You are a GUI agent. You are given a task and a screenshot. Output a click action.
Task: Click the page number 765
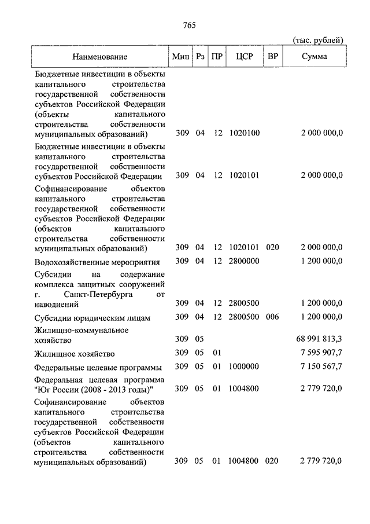pos(190,24)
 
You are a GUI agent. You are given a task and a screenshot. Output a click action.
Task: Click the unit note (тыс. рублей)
pos(318,39)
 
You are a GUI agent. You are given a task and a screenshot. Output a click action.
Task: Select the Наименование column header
pos(100,57)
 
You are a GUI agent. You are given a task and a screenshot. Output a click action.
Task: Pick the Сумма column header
pos(314,57)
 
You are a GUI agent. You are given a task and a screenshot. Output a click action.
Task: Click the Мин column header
pos(181,57)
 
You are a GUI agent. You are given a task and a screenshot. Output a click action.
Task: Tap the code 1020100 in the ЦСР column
pos(245,134)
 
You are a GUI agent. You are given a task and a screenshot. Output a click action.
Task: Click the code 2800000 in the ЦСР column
pos(245,261)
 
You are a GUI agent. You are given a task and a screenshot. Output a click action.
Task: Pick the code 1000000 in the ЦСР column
pos(245,367)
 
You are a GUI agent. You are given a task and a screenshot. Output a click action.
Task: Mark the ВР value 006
pos(272,317)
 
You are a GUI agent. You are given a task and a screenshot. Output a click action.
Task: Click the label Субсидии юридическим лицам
pos(92,318)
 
